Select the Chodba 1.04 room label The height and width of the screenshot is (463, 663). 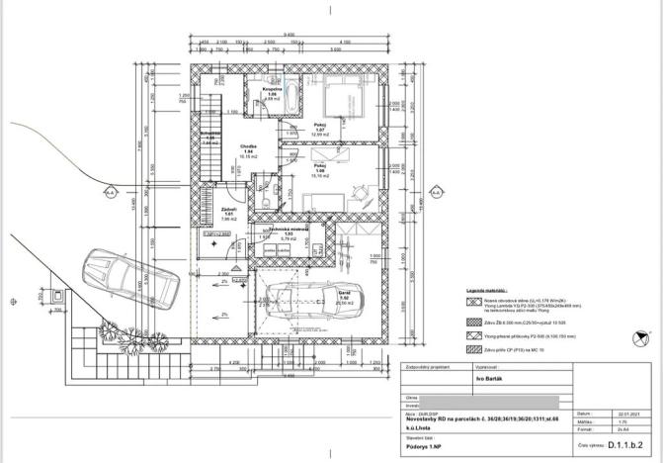[x=237, y=150]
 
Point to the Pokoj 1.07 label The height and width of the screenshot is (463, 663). [x=319, y=129]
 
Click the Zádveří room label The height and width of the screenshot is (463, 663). [x=227, y=213]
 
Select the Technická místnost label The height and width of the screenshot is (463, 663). [x=290, y=231]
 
